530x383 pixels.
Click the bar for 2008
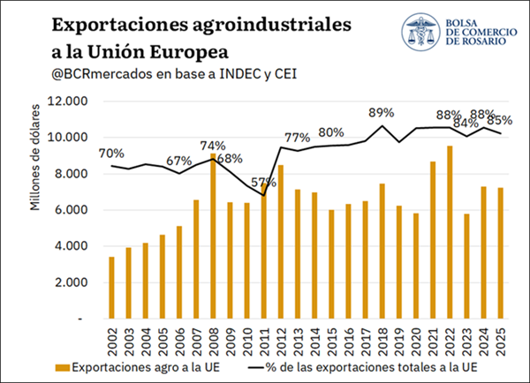(213, 237)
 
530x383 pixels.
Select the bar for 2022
(450, 232)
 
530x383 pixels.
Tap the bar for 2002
(111, 288)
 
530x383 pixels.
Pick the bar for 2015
(331, 265)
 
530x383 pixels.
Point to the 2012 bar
(281, 242)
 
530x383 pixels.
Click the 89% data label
(382, 113)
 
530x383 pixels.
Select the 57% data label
(263, 183)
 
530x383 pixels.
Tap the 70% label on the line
(111, 154)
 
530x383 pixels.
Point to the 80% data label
(331, 132)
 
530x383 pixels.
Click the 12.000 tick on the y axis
(68, 101)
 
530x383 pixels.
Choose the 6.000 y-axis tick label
(71, 210)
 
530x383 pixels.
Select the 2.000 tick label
(71, 282)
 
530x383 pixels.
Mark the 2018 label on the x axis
(382, 342)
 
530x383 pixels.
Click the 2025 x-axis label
(501, 342)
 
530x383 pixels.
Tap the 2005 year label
(163, 342)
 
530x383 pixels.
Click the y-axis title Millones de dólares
(34, 157)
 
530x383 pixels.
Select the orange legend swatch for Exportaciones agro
(63, 368)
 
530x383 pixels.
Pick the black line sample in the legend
(256, 368)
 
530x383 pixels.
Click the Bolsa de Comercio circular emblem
(420, 32)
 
